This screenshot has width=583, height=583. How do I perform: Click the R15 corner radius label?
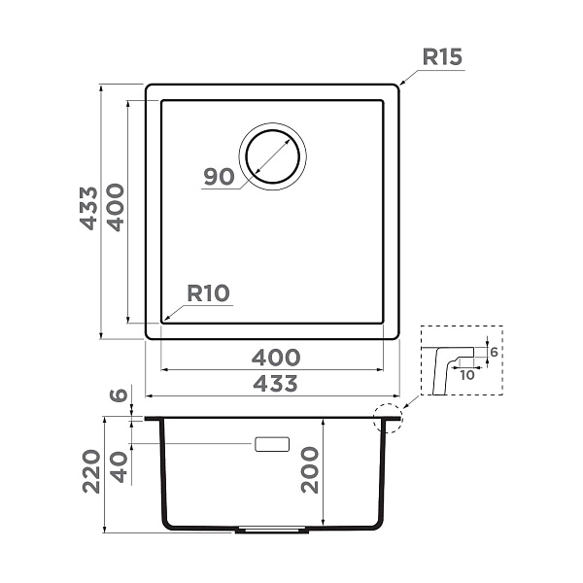[442, 57]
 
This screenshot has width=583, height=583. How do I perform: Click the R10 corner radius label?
[208, 293]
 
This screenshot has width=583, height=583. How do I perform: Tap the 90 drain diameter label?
[219, 177]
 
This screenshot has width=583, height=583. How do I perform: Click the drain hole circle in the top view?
[272, 131]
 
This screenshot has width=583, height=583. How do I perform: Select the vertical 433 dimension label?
[88, 208]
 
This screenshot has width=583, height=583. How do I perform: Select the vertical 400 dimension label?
[116, 208]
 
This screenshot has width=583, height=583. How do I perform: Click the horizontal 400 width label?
[276, 358]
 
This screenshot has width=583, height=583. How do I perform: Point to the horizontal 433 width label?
[276, 384]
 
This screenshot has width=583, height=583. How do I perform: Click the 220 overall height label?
[91, 471]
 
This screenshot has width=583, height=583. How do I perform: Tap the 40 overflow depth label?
[120, 467]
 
